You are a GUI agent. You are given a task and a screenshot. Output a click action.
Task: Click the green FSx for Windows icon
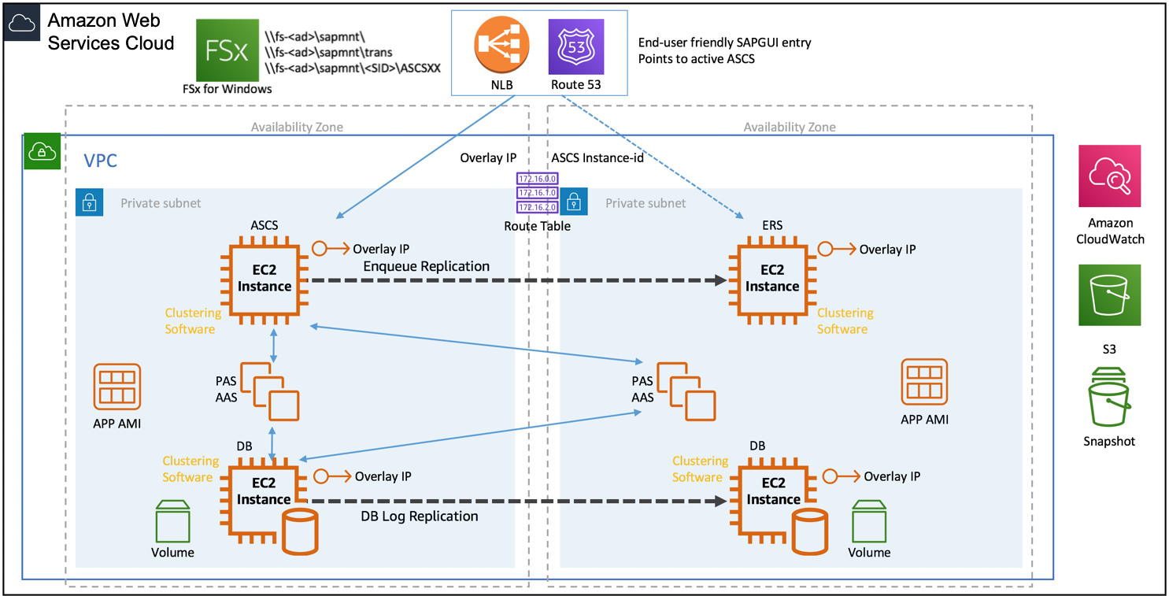tap(227, 50)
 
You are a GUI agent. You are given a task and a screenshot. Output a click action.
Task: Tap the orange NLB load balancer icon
tap(501, 45)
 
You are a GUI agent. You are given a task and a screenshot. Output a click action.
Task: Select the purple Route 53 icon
tap(576, 47)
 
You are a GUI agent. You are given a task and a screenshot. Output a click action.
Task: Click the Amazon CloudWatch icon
tap(1109, 176)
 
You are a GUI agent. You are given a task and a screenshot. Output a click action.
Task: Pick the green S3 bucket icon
tap(1109, 295)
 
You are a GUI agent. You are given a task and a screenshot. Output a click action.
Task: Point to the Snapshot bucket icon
tap(1109, 397)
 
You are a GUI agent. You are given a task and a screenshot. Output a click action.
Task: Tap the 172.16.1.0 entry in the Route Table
tap(537, 193)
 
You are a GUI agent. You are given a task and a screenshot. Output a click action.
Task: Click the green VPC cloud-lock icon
tap(43, 151)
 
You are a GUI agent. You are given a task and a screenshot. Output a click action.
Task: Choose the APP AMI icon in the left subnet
tap(117, 387)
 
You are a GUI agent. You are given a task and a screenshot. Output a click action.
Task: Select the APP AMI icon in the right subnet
tap(924, 382)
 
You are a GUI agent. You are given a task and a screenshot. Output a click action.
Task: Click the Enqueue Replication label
tap(427, 266)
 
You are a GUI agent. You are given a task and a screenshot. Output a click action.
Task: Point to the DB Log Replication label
tap(420, 516)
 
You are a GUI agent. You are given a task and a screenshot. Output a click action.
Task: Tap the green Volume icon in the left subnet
tap(172, 521)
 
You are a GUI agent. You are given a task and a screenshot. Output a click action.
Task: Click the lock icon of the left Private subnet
tap(89, 202)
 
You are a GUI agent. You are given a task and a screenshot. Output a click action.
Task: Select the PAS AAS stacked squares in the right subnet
tap(686, 391)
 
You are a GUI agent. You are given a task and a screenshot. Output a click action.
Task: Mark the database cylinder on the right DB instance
tap(809, 531)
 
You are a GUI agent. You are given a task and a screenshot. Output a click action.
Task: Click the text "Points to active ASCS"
tap(696, 59)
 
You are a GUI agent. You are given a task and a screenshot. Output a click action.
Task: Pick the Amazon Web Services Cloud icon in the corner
tap(22, 23)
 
